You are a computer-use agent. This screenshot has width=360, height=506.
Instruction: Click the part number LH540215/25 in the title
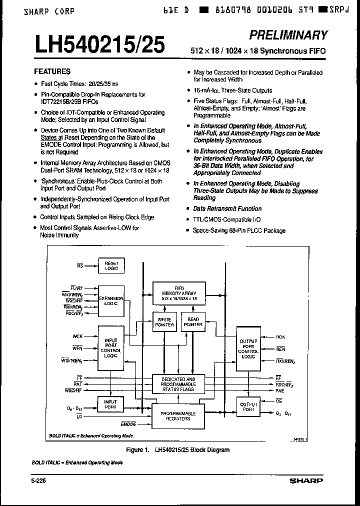tap(99, 45)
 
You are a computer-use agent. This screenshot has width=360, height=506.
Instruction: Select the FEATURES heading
tap(52, 71)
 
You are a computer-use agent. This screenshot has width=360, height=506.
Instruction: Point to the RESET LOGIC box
tap(111, 266)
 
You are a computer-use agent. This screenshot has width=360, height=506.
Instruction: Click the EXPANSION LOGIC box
tap(111, 300)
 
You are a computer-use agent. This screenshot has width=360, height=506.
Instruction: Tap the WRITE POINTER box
tap(164, 322)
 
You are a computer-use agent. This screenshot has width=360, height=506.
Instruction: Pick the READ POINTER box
tap(192, 322)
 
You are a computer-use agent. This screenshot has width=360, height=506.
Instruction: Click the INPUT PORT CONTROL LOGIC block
tap(111, 348)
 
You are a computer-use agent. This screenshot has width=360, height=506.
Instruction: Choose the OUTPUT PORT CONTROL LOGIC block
tap(248, 348)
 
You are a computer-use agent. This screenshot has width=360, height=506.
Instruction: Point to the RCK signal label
tap(281, 337)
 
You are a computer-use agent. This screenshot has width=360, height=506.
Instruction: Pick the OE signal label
tap(279, 401)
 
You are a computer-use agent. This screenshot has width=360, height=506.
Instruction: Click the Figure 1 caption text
tap(177, 450)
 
